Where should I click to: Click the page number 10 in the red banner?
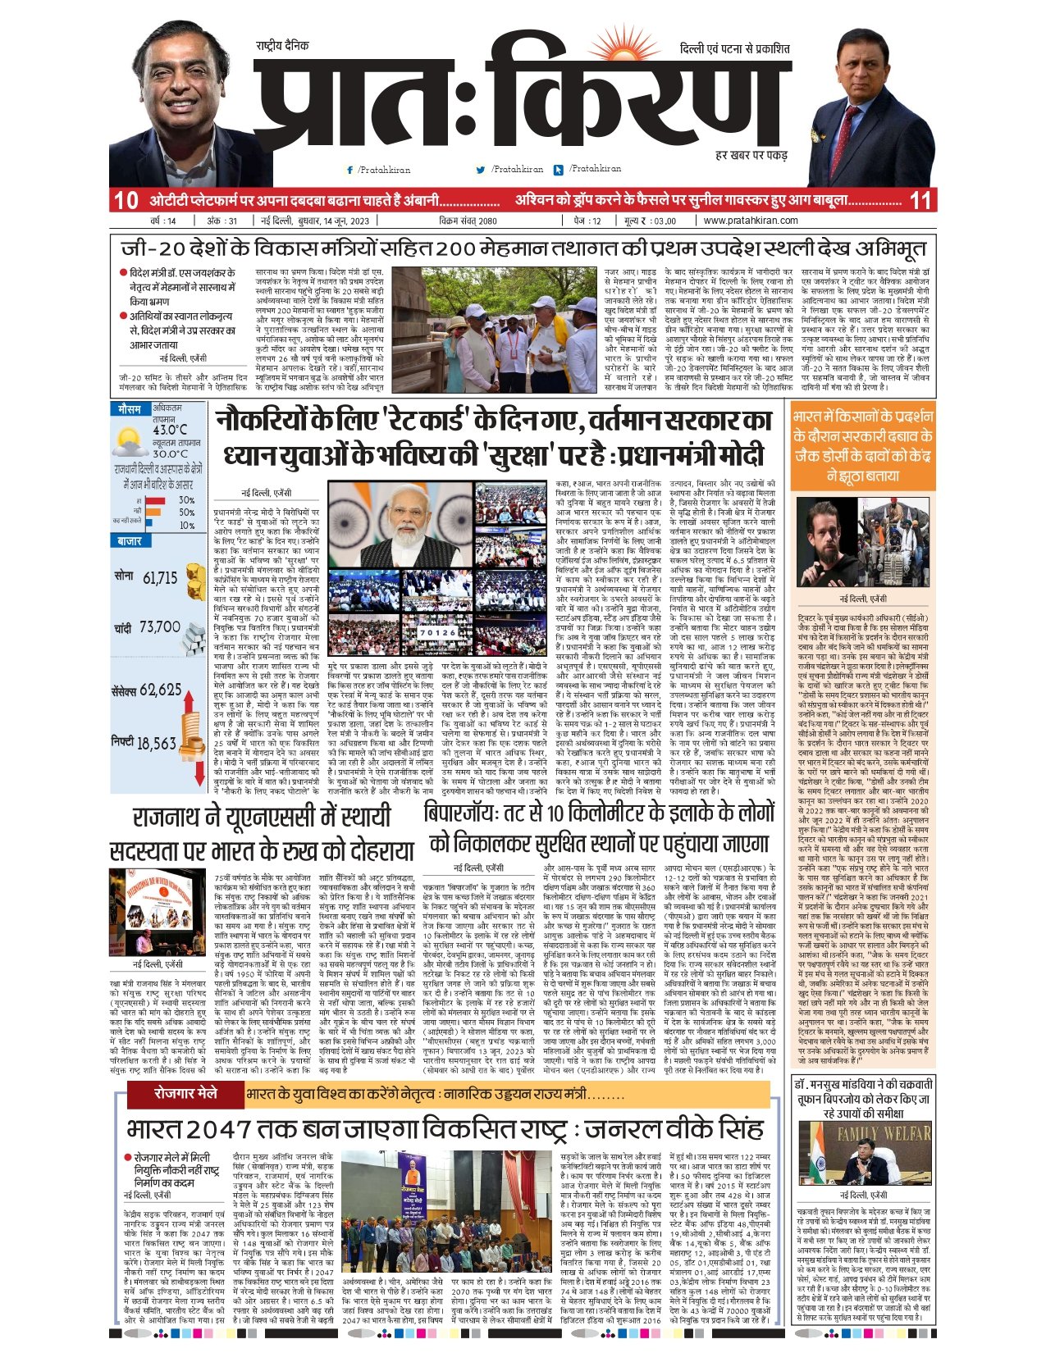[x=126, y=200]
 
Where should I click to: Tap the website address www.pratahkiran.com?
[x=750, y=221]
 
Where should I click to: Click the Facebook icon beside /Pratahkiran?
[x=350, y=170]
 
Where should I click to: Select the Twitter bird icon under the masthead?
[x=481, y=170]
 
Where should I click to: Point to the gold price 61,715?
[x=160, y=578]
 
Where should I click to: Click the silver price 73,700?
[x=159, y=627]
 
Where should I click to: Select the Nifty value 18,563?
[x=156, y=743]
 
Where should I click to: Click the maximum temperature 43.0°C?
[x=170, y=430]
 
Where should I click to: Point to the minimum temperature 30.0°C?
[x=170, y=453]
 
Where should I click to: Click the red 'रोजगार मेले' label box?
[x=186, y=1093]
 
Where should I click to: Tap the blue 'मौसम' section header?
[x=129, y=408]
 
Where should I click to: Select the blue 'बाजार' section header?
[x=130, y=541]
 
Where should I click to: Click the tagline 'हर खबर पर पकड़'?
[x=751, y=154]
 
